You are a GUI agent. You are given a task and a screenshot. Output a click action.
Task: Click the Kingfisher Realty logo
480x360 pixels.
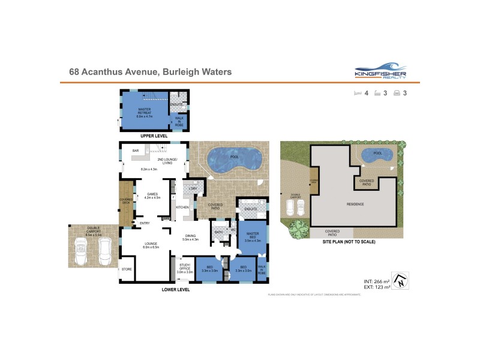click(380, 71)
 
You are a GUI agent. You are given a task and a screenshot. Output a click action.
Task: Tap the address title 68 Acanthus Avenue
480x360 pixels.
click(150, 72)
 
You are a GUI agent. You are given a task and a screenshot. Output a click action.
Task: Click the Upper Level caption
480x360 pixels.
click(154, 136)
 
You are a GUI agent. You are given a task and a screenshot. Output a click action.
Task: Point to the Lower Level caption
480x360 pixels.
click(176, 289)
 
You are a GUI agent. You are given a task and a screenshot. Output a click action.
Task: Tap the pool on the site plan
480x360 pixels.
click(377, 155)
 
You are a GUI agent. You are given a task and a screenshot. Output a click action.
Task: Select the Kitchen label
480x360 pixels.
click(182, 207)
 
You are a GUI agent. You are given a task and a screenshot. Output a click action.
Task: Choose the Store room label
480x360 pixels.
click(127, 269)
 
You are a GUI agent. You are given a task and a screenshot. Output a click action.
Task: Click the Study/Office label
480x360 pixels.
click(185, 268)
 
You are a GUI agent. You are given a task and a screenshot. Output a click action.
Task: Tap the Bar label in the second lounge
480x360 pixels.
click(136, 151)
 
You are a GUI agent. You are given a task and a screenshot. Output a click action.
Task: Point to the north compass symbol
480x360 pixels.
click(402, 280)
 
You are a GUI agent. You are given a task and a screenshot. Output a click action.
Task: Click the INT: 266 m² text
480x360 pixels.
click(377, 281)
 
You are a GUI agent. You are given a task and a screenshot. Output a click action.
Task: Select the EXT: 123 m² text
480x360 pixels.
click(377, 287)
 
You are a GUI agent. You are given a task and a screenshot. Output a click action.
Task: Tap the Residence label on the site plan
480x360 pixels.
click(355, 204)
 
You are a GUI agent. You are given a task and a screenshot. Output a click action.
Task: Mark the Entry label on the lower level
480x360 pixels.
click(145, 224)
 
